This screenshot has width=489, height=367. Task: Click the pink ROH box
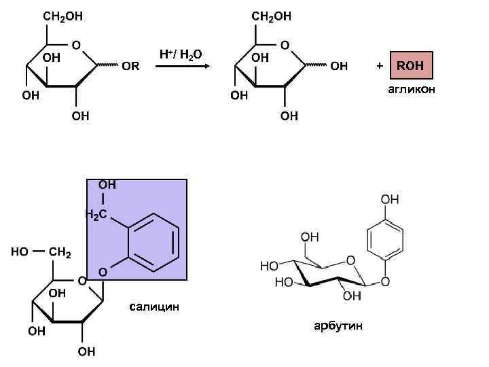[410, 66]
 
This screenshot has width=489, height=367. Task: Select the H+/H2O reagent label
[180, 54]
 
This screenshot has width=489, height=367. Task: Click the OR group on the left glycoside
[130, 67]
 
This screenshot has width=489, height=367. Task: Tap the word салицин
[154, 307]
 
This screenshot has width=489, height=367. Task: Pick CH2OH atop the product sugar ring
[271, 16]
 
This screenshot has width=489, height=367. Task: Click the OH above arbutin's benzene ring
[390, 200]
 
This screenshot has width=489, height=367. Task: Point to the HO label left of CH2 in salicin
[20, 253]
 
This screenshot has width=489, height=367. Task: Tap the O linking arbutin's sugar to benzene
[386, 281]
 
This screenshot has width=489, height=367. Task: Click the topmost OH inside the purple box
[107, 185]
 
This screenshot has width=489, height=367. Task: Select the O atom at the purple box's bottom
[103, 273]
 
